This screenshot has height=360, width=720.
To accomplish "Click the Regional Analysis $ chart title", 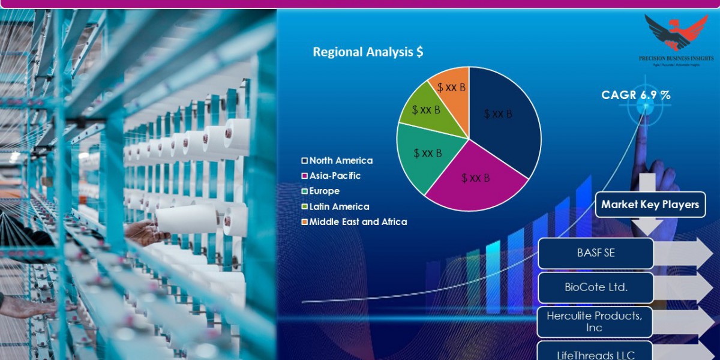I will [368, 52].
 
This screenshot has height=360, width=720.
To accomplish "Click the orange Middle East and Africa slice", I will [453, 90].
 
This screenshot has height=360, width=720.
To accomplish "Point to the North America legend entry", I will [337, 160].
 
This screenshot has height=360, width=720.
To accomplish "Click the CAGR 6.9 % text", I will [636, 95].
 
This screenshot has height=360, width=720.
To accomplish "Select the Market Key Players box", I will [650, 205].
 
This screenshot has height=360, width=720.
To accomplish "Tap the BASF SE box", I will [595, 253].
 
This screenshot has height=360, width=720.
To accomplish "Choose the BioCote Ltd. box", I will [595, 287].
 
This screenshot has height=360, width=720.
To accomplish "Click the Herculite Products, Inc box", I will [594, 322].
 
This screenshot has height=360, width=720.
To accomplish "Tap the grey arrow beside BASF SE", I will [684, 253].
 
